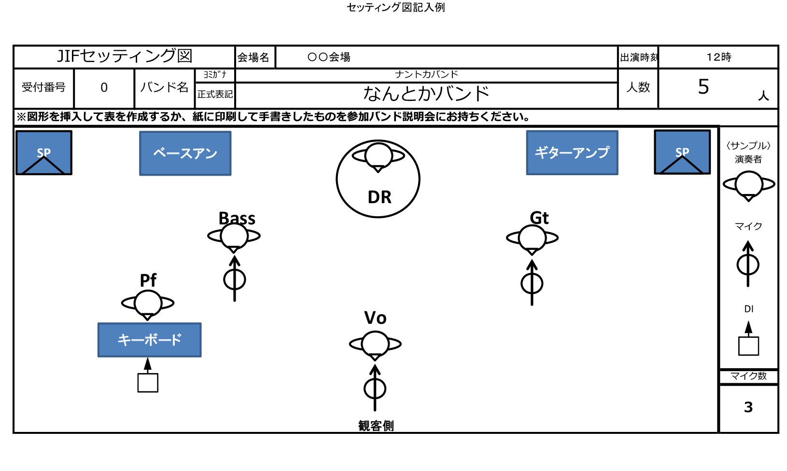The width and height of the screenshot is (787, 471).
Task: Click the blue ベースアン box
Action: click(x=185, y=153)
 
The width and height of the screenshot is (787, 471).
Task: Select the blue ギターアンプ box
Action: click(x=572, y=152)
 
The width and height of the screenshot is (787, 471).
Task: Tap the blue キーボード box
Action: click(x=149, y=340)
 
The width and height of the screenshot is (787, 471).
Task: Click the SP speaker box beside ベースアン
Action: click(x=44, y=152)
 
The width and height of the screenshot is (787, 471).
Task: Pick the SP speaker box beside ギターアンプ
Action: click(x=682, y=152)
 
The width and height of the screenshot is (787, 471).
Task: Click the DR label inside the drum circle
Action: click(x=379, y=197)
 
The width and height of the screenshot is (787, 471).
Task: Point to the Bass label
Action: click(x=237, y=218)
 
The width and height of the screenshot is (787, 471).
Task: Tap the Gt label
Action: click(x=539, y=218)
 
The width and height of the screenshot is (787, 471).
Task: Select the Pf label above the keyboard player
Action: click(x=148, y=280)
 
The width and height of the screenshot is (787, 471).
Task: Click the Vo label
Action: click(x=375, y=318)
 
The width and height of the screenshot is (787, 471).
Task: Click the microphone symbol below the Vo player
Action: click(x=375, y=388)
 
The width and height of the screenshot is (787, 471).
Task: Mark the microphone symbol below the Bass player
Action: click(x=235, y=279)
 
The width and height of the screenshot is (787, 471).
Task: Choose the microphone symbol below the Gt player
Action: click(x=532, y=283)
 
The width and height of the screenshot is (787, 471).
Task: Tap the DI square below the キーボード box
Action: click(x=148, y=383)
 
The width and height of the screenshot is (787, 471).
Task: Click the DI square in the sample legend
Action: click(x=748, y=346)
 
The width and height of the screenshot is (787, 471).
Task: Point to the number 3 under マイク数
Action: click(x=748, y=407)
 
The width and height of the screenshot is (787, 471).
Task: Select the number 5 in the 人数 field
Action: click(x=703, y=87)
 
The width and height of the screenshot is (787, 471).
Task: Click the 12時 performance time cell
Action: click(x=718, y=57)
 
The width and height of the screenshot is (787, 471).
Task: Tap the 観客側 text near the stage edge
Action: click(x=376, y=426)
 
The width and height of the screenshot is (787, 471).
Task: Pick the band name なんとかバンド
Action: click(x=426, y=94)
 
